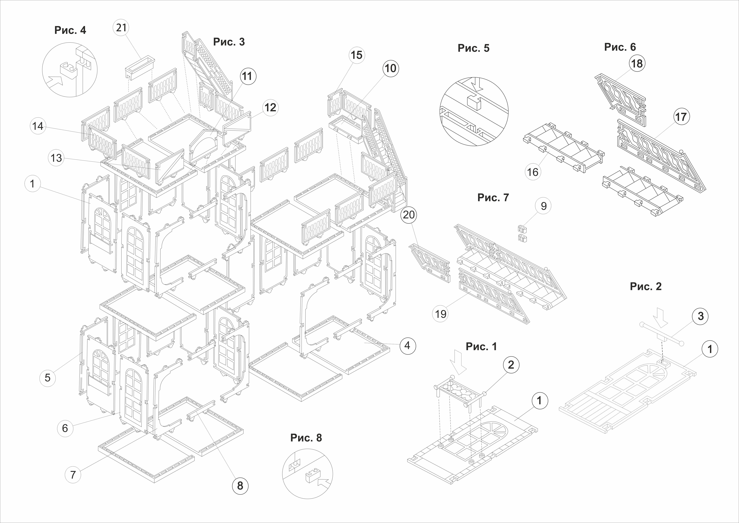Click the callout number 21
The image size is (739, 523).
[121, 28]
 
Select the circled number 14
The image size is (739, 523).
[38, 126]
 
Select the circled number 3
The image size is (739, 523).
[700, 316]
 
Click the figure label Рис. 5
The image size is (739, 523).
[473, 48]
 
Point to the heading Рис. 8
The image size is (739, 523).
[306, 438]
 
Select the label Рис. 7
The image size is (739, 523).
[493, 197]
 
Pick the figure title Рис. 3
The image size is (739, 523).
[229, 42]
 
